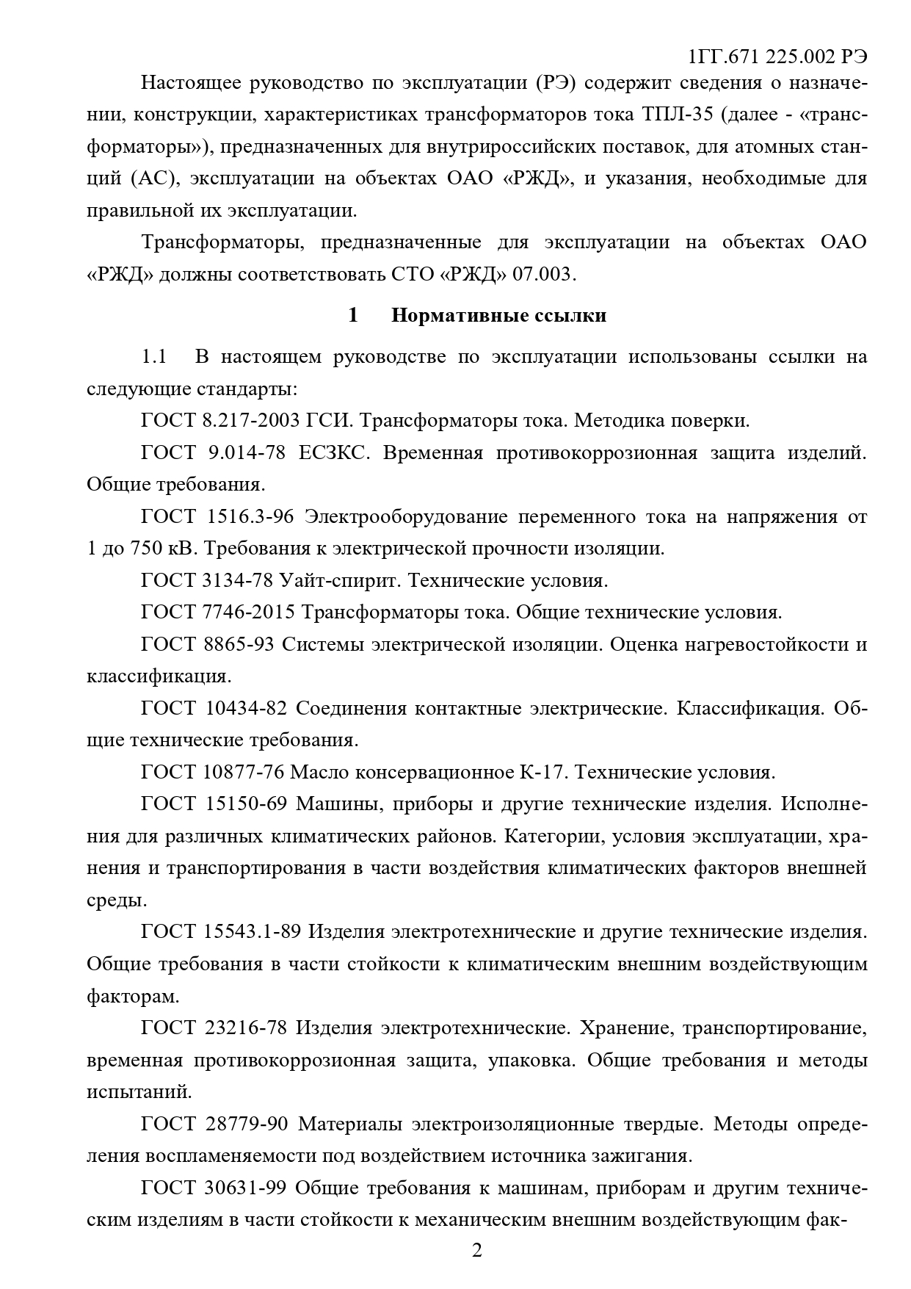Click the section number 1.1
point(154,357)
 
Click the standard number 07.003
point(543,275)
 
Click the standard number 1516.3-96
point(246,517)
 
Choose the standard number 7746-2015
point(247,613)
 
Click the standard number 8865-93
point(237,645)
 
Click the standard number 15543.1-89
point(251,932)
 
